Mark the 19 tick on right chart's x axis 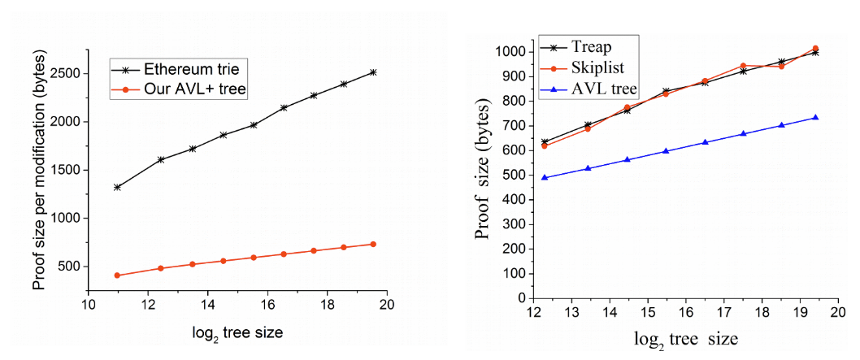pyautogui.click(x=801, y=313)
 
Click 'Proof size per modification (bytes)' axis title pyautogui.click(x=38, y=169)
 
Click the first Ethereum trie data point pyautogui.click(x=118, y=187)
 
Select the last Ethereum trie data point pyautogui.click(x=373, y=72)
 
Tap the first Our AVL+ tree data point pyautogui.click(x=118, y=275)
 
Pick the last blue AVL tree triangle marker pyautogui.click(x=815, y=117)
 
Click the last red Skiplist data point pyautogui.click(x=815, y=49)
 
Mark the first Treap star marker pyautogui.click(x=545, y=142)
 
